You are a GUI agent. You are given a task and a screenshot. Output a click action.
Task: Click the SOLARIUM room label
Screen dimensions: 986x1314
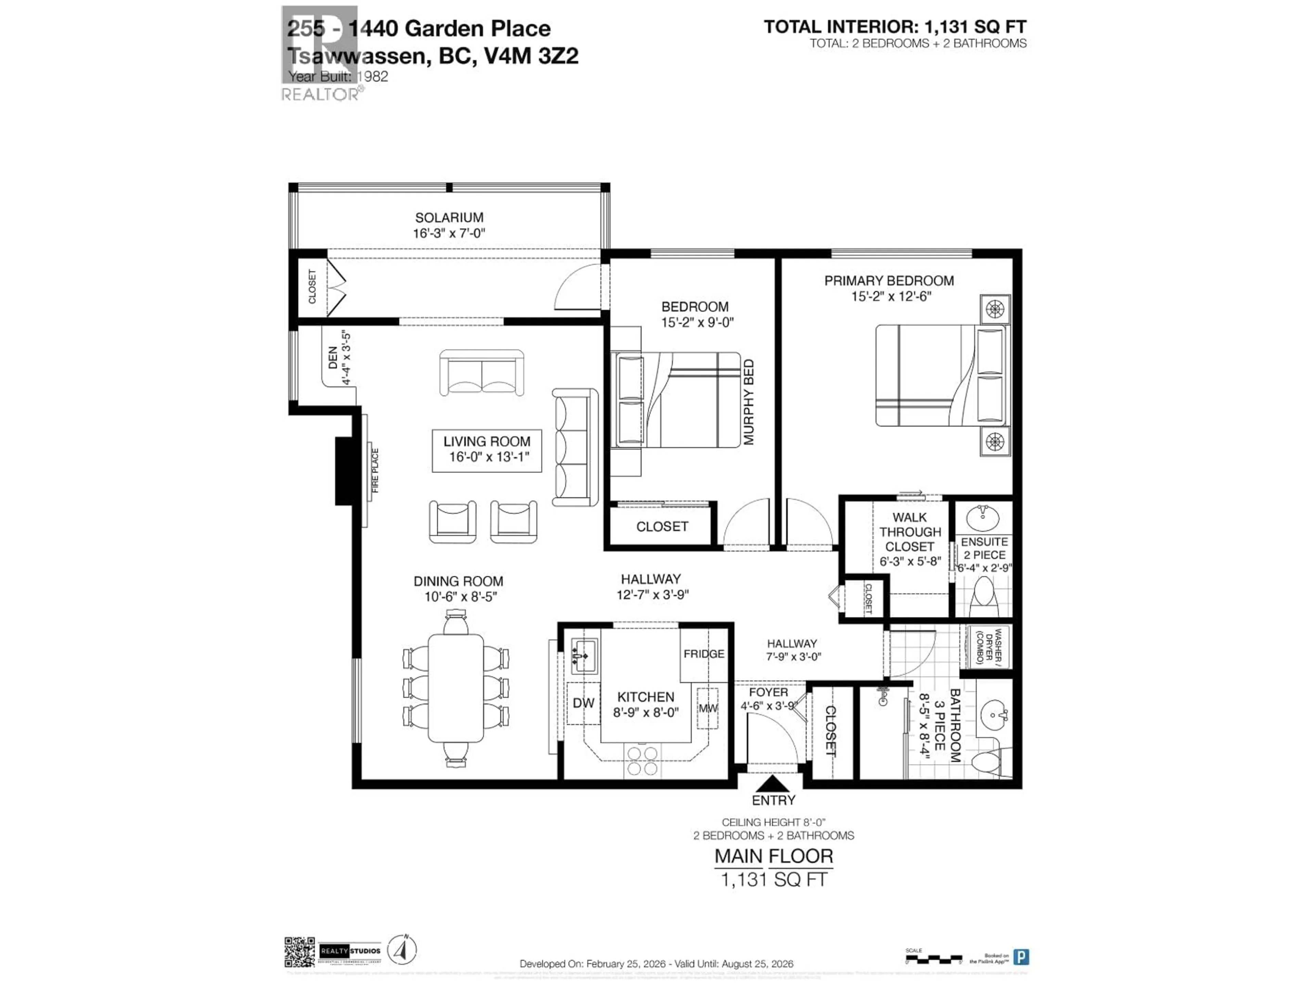(x=449, y=217)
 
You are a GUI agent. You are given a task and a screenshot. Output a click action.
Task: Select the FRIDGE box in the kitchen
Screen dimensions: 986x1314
(x=704, y=654)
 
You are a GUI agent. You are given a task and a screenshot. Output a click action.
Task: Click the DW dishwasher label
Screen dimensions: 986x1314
(x=583, y=703)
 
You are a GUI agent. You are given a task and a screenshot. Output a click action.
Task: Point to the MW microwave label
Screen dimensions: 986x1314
(x=708, y=708)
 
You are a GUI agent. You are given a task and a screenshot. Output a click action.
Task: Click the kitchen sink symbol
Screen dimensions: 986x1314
(x=584, y=656)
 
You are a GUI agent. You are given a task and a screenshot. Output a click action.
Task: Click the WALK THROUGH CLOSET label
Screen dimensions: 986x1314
(x=910, y=532)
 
